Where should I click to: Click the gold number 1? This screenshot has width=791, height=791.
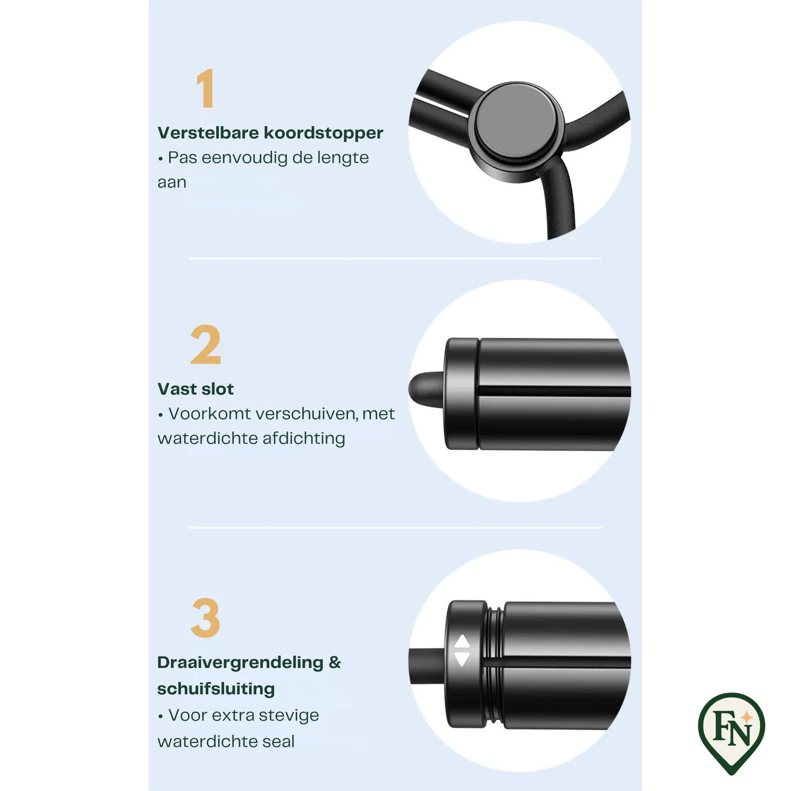(206, 88)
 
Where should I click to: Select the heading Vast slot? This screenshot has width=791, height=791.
(196, 389)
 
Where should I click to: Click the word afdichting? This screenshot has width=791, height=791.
(304, 439)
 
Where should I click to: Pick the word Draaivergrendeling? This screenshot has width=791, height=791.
(240, 663)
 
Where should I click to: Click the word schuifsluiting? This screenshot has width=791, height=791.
(216, 689)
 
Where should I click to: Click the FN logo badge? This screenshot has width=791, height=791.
(731, 733)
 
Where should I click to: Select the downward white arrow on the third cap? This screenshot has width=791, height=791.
(462, 659)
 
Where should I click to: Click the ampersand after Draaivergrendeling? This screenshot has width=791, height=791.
(335, 662)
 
